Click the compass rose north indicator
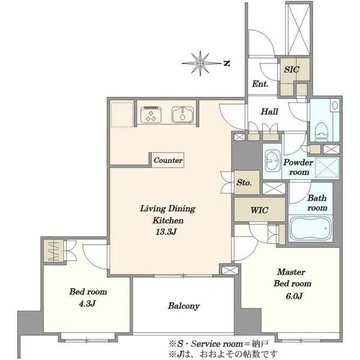[x=227, y=64]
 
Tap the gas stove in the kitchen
[x=151, y=114]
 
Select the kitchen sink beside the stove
[x=182, y=115]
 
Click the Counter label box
[x=168, y=160]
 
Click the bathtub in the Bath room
[x=310, y=228]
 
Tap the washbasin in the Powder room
[x=272, y=161]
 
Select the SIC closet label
[x=292, y=69]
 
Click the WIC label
[x=259, y=210]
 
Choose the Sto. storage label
[x=244, y=182]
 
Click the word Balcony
[x=184, y=306]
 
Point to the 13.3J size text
[x=166, y=232]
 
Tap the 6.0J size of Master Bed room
[x=294, y=296]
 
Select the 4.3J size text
[x=87, y=304]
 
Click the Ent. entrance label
[x=260, y=84]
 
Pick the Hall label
[x=269, y=112]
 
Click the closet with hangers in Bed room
[x=54, y=251]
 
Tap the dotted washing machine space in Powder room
[x=327, y=167]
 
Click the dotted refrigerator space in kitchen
[x=122, y=115]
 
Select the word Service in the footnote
[x=205, y=344]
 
